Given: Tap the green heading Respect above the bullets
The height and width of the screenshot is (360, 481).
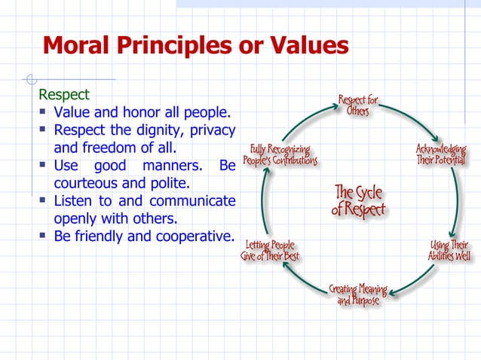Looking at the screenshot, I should pos(64,96).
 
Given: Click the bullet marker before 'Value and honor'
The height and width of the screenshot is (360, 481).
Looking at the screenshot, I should pos(44,114).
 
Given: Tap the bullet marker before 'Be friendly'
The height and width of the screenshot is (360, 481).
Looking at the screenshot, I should pos(44,237).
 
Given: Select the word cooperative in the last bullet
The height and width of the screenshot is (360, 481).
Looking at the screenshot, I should pos(195,236).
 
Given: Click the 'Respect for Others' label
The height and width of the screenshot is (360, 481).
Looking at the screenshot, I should pos(357,105).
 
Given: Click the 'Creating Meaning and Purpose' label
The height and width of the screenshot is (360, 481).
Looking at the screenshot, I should pos(357,295).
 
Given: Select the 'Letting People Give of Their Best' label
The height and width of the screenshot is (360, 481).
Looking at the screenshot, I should pos(269,251).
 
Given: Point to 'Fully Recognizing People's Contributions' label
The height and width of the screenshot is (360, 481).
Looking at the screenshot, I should pos(280,155).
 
